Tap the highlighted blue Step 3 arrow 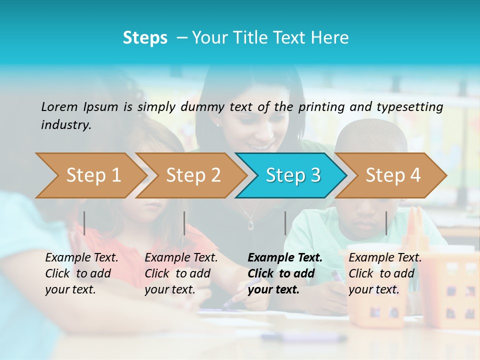[292, 175]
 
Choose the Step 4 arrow [392, 175]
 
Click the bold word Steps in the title [145, 38]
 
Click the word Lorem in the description [59, 106]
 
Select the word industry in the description [66, 124]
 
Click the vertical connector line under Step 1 [84, 223]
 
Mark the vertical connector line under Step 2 [184, 223]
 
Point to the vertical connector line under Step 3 [285, 223]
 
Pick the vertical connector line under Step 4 [386, 223]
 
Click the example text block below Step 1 [81, 273]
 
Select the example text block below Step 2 [181, 273]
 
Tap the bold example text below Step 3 [285, 273]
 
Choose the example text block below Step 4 [385, 273]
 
